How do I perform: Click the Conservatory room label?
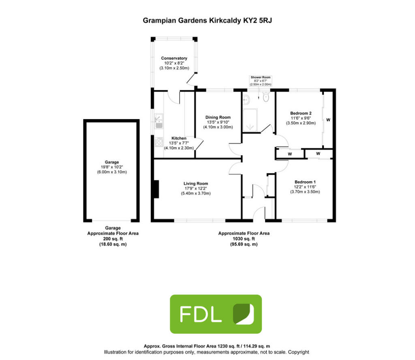pyautogui.click(x=174, y=58)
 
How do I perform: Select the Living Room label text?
pyautogui.click(x=196, y=183)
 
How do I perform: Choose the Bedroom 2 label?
pyautogui.click(x=300, y=113)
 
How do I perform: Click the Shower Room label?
pyautogui.click(x=260, y=77)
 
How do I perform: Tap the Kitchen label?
pyautogui.click(x=179, y=138)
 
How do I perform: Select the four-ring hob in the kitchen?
pyautogui.click(x=158, y=142)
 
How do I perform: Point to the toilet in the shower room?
pyautogui.click(x=266, y=98)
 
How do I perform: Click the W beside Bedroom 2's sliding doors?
pyautogui.click(x=328, y=120)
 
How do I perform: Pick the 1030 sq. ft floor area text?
pyautogui.click(x=244, y=239)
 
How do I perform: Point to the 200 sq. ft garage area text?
pyautogui.click(x=113, y=239)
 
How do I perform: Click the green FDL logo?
pyautogui.click(x=216, y=314)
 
